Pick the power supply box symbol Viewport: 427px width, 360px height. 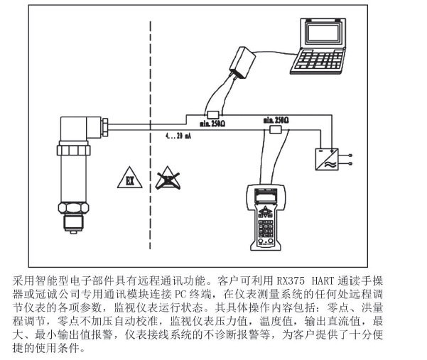point(326,157)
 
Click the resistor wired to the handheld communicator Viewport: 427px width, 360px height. point(276,129)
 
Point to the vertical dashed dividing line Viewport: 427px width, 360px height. point(150,142)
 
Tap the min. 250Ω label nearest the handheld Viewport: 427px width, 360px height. point(278,120)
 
